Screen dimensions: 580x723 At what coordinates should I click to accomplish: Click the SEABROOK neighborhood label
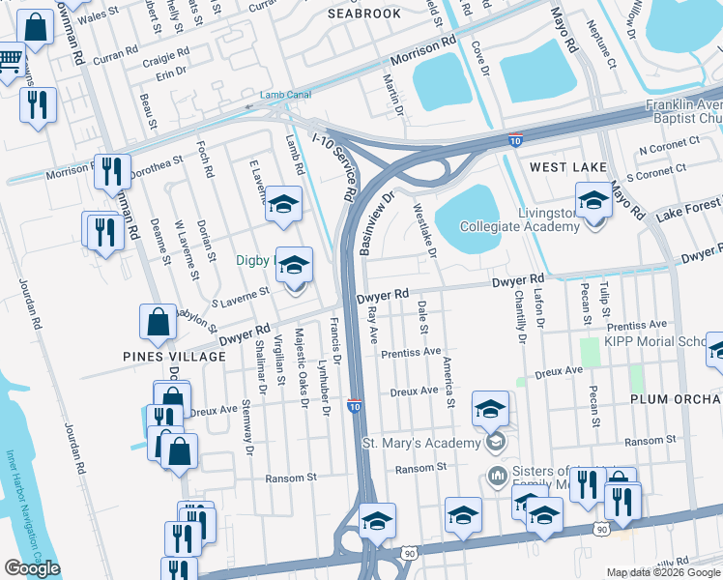point(363,14)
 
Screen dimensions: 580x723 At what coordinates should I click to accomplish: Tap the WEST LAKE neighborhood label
point(568,167)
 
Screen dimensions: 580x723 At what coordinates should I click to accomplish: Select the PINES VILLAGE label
point(160,356)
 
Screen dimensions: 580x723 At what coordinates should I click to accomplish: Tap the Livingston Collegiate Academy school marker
point(593,204)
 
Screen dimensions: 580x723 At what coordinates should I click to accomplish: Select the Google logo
point(32,568)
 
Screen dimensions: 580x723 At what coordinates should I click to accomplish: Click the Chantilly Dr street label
point(520,316)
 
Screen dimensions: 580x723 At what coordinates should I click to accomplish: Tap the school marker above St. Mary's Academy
point(490,410)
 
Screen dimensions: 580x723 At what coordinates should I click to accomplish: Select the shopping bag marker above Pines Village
point(158,325)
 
